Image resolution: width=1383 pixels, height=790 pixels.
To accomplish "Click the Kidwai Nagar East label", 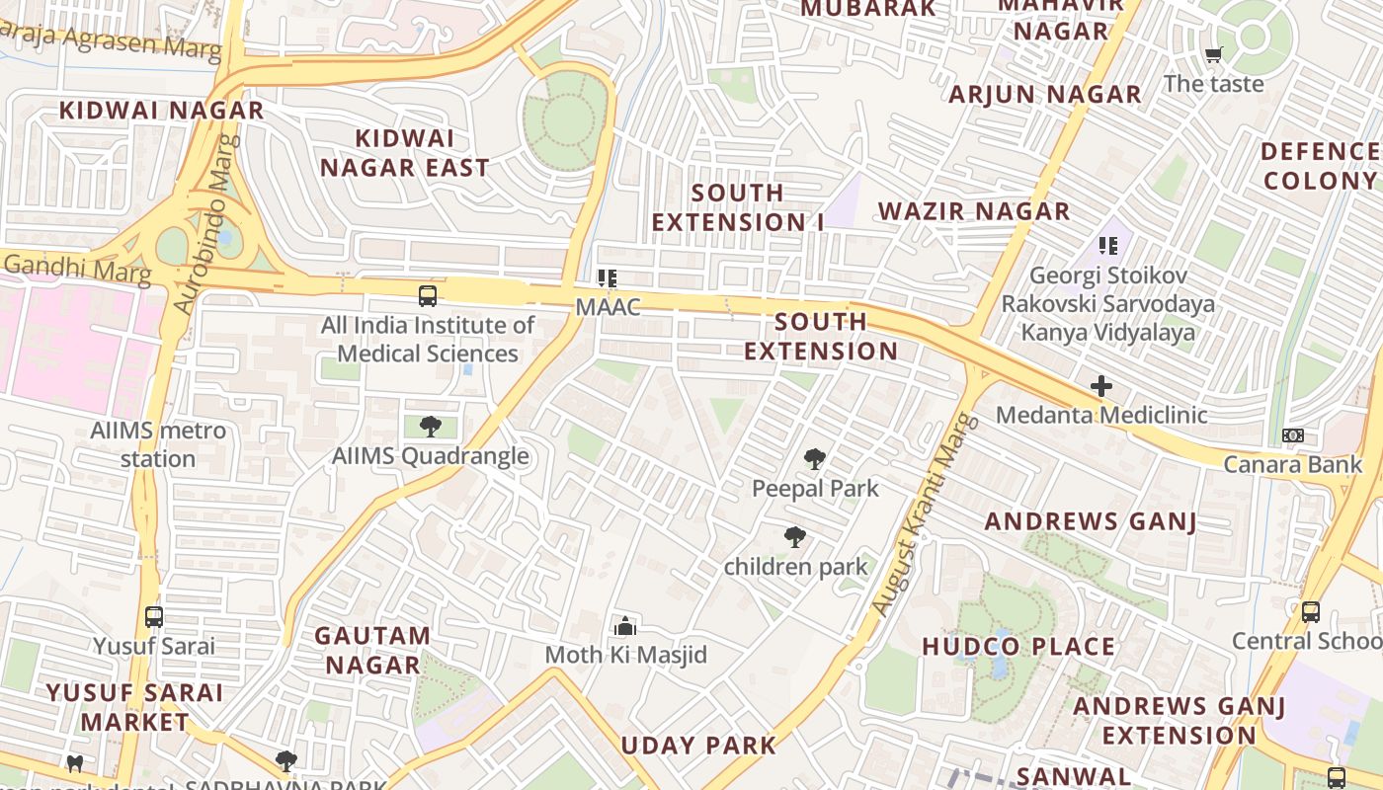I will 404,153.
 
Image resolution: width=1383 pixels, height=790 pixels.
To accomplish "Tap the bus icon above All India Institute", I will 428,295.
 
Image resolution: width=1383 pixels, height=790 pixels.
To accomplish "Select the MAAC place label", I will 608,307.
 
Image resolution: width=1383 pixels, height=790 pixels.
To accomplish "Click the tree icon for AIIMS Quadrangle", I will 430,427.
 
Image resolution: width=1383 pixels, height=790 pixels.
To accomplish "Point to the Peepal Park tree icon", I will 814,458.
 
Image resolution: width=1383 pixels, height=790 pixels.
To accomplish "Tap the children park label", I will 795,567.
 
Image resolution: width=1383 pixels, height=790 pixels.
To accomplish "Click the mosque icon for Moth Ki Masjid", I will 624,626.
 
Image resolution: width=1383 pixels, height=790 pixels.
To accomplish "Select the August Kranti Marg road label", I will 923,515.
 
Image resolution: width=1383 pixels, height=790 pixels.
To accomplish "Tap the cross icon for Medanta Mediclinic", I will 1100,386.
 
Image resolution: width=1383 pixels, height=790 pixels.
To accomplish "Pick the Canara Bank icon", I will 1292,435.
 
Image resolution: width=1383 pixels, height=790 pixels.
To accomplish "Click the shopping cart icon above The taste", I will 1213,55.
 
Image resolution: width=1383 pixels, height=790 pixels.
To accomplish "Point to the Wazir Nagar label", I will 974,211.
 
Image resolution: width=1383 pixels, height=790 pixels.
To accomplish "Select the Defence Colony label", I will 1320,166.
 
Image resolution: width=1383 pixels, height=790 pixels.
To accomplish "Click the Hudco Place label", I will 1018,647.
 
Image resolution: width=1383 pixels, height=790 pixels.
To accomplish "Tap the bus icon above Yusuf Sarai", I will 154,617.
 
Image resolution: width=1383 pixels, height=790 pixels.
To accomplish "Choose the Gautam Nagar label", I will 372,650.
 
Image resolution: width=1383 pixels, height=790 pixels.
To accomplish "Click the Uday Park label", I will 698,745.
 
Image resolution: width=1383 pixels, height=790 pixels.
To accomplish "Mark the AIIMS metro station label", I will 158,444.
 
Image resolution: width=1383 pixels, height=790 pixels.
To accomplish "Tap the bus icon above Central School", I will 1310,611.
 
